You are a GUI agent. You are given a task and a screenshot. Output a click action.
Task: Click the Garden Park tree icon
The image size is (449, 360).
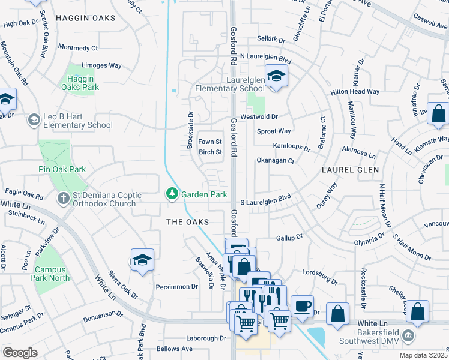172,194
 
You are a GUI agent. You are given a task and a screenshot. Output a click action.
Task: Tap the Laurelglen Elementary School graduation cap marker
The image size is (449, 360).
276,76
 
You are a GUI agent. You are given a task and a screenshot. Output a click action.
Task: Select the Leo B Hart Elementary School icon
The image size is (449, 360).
34,121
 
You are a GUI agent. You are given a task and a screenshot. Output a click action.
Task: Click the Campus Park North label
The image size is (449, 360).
52,274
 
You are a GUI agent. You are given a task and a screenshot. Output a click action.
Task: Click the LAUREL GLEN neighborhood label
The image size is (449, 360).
349,170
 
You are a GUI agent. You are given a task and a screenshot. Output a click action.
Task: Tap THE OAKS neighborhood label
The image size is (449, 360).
187,222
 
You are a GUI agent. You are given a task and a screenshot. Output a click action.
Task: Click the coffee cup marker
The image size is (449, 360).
302,305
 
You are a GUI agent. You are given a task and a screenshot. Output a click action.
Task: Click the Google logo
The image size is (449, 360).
20,353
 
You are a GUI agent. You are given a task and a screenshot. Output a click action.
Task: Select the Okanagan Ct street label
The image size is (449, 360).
275,161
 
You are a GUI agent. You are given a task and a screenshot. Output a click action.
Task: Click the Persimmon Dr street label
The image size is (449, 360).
177,287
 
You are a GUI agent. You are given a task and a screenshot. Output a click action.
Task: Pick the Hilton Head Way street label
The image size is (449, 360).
355,92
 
